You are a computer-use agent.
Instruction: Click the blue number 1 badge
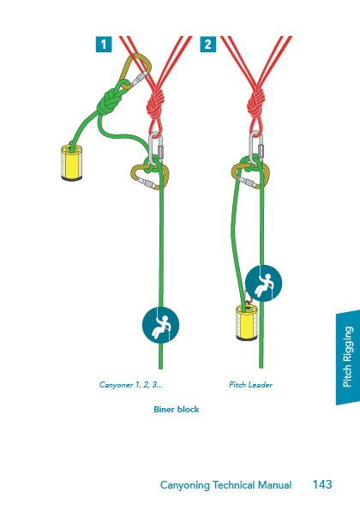104,45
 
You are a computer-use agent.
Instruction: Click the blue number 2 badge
207,45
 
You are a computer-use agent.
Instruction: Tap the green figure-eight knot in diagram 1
109,101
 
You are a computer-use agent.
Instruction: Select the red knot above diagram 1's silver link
155,104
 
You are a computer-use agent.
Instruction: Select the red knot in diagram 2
256,104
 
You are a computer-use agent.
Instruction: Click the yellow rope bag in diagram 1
71,162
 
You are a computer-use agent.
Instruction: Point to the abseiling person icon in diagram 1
160,325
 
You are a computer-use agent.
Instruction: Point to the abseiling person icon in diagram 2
263,284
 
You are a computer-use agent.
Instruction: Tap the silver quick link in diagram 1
156,148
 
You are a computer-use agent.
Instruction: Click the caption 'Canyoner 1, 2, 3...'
131,385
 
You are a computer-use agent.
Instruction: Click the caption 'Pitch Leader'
251,385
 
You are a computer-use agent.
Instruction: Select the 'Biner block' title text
176,409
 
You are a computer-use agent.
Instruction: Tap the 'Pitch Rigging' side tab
348,357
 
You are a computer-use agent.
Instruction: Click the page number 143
322,484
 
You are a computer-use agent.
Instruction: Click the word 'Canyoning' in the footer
185,485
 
